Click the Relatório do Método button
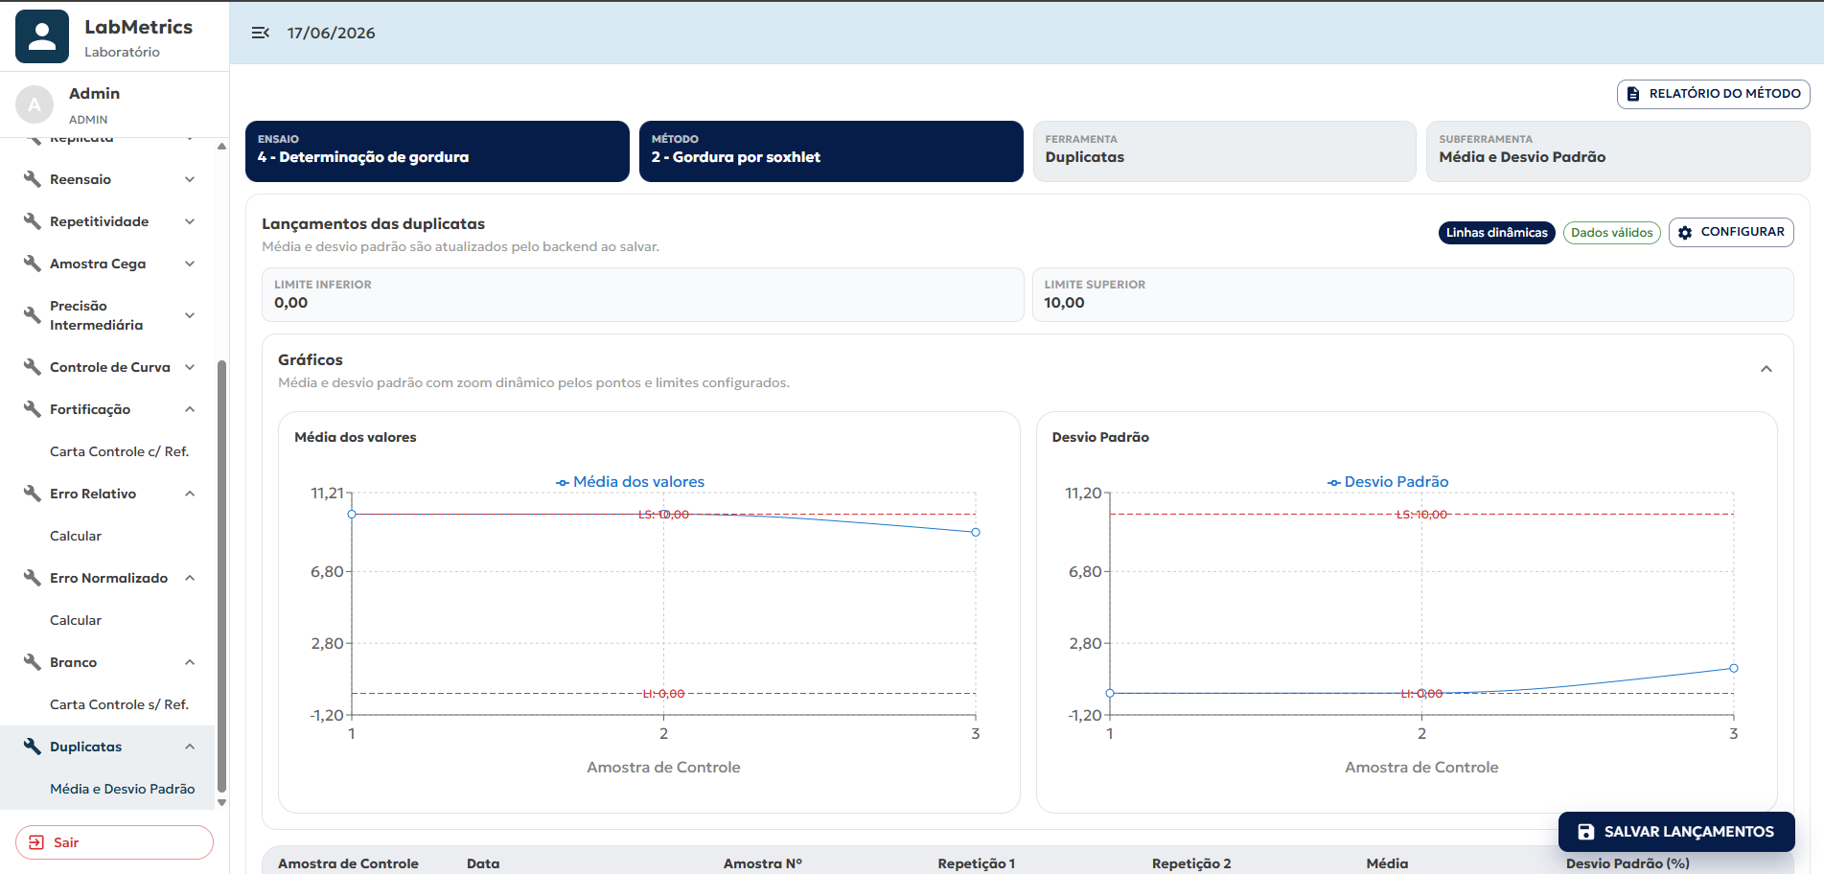[1713, 94]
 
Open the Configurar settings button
[1731, 232]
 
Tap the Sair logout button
[114, 842]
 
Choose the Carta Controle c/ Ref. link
[119, 451]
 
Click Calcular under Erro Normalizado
[76, 620]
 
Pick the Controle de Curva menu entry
[109, 367]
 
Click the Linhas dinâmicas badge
[1496, 233]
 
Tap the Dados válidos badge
[1611, 233]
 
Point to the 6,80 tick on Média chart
[327, 572]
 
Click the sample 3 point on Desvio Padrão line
[1733, 668]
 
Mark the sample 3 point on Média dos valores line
[975, 532]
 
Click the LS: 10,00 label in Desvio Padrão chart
[1421, 515]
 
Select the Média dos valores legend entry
[630, 482]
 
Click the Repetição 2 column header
[1191, 863]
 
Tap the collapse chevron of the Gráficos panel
[1766, 370]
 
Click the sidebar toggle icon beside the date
[260, 33]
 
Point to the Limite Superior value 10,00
[1064, 303]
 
